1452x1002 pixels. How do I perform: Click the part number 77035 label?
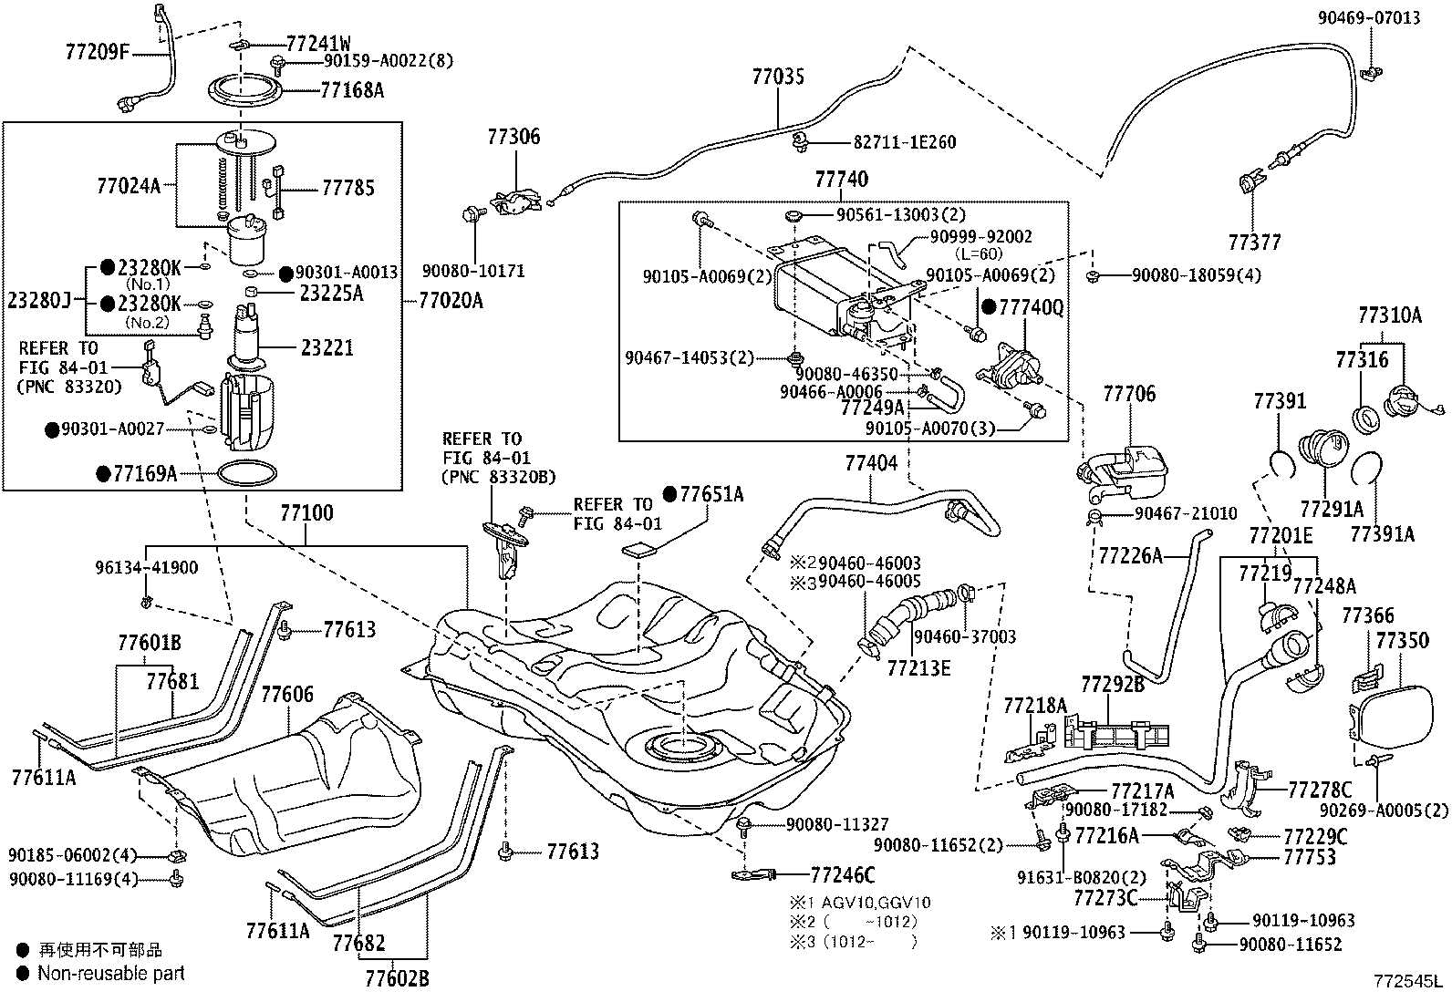[778, 77]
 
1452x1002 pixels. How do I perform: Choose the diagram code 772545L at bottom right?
[1408, 982]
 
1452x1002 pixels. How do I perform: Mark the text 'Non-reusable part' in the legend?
[110, 973]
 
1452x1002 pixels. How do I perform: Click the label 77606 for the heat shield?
[287, 694]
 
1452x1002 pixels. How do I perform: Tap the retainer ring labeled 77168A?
[242, 89]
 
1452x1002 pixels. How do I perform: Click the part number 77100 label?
[306, 513]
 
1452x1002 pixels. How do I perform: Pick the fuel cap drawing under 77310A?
[1403, 401]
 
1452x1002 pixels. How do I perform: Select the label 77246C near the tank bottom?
[842, 875]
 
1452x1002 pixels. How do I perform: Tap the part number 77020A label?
[451, 300]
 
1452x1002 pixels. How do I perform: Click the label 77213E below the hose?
[918, 668]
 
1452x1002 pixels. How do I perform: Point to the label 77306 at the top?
[513, 137]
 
